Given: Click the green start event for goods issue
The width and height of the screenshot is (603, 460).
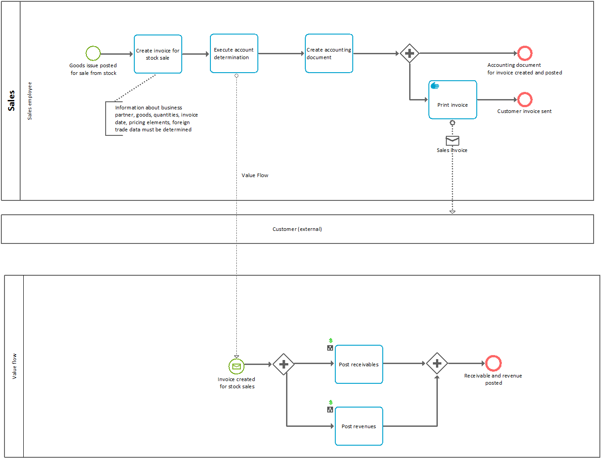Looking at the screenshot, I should coord(93,53).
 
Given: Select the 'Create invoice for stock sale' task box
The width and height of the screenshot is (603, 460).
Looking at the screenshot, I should coord(158,54).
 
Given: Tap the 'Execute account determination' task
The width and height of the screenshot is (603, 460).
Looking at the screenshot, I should coord(234,53).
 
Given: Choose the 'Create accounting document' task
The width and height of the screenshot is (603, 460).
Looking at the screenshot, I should coord(329,53).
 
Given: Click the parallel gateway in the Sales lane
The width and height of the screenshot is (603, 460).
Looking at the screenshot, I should coord(409,53).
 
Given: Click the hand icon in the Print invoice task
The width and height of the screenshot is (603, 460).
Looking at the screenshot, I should coord(435,86).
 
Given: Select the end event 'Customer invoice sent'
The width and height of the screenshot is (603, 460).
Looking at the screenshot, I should coord(525,100).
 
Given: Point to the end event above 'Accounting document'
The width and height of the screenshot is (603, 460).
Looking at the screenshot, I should coord(525,53).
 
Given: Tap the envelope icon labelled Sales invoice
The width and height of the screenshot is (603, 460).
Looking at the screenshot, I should coord(452,140).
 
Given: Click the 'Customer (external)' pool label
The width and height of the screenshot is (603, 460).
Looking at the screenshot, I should coord(297,229).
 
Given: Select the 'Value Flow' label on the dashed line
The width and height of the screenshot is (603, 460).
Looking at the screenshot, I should coord(255,175).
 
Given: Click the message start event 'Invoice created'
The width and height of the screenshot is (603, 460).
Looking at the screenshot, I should coord(236,366).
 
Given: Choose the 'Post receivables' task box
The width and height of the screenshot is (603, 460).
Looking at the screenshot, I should coord(359,365).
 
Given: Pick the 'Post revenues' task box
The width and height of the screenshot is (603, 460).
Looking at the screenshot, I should coord(359,426).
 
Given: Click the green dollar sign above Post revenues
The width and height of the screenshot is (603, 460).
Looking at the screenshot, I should coord(330,402).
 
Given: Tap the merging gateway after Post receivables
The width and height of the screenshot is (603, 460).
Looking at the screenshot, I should coord(437,364).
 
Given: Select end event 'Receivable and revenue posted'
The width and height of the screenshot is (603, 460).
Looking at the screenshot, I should coord(493,363).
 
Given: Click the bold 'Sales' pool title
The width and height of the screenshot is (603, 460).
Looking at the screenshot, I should coord(11,100).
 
